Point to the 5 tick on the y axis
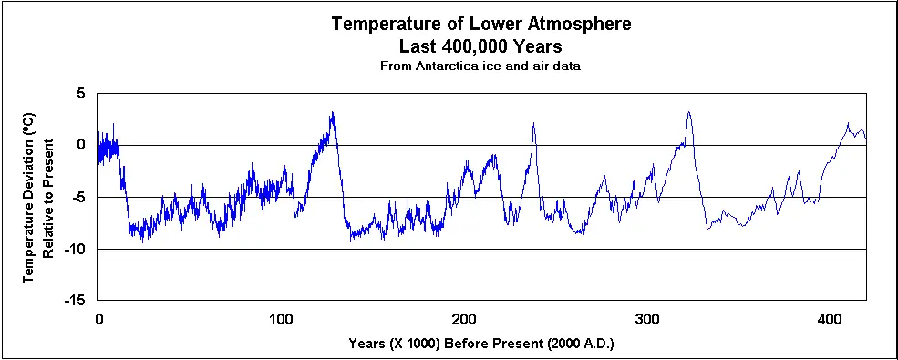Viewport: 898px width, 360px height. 81,93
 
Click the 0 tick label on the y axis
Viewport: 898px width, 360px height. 81,145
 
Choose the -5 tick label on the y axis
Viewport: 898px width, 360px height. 78,197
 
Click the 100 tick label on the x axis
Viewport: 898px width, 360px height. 281,318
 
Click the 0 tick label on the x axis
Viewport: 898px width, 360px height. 98,318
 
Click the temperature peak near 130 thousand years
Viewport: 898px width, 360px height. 332,113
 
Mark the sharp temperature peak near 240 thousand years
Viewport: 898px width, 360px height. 533,123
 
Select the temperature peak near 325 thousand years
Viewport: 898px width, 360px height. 688,113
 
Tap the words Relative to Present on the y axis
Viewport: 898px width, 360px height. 48,198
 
